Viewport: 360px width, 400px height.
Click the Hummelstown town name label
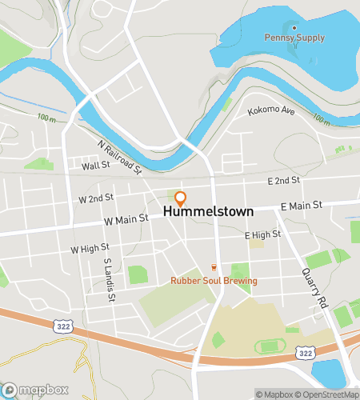[x=208, y=212]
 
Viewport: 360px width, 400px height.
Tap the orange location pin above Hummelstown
[x=181, y=198]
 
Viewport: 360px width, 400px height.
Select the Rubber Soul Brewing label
[x=214, y=281]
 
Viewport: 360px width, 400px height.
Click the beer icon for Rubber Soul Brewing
[x=214, y=267]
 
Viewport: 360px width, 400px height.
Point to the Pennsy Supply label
[x=295, y=38]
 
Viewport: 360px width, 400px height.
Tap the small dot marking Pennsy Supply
[x=295, y=26]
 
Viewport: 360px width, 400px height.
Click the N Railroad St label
[x=119, y=158]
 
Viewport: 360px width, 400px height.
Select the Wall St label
[x=94, y=167]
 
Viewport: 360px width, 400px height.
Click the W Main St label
[x=126, y=218]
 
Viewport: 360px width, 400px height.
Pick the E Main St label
[x=301, y=206]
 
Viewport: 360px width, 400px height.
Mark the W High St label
[x=90, y=249]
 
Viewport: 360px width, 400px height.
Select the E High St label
[x=262, y=234]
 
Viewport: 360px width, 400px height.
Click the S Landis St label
[x=107, y=279]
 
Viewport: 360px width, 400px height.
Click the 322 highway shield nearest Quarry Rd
[x=304, y=353]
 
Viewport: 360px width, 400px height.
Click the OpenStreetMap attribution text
[x=327, y=394]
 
